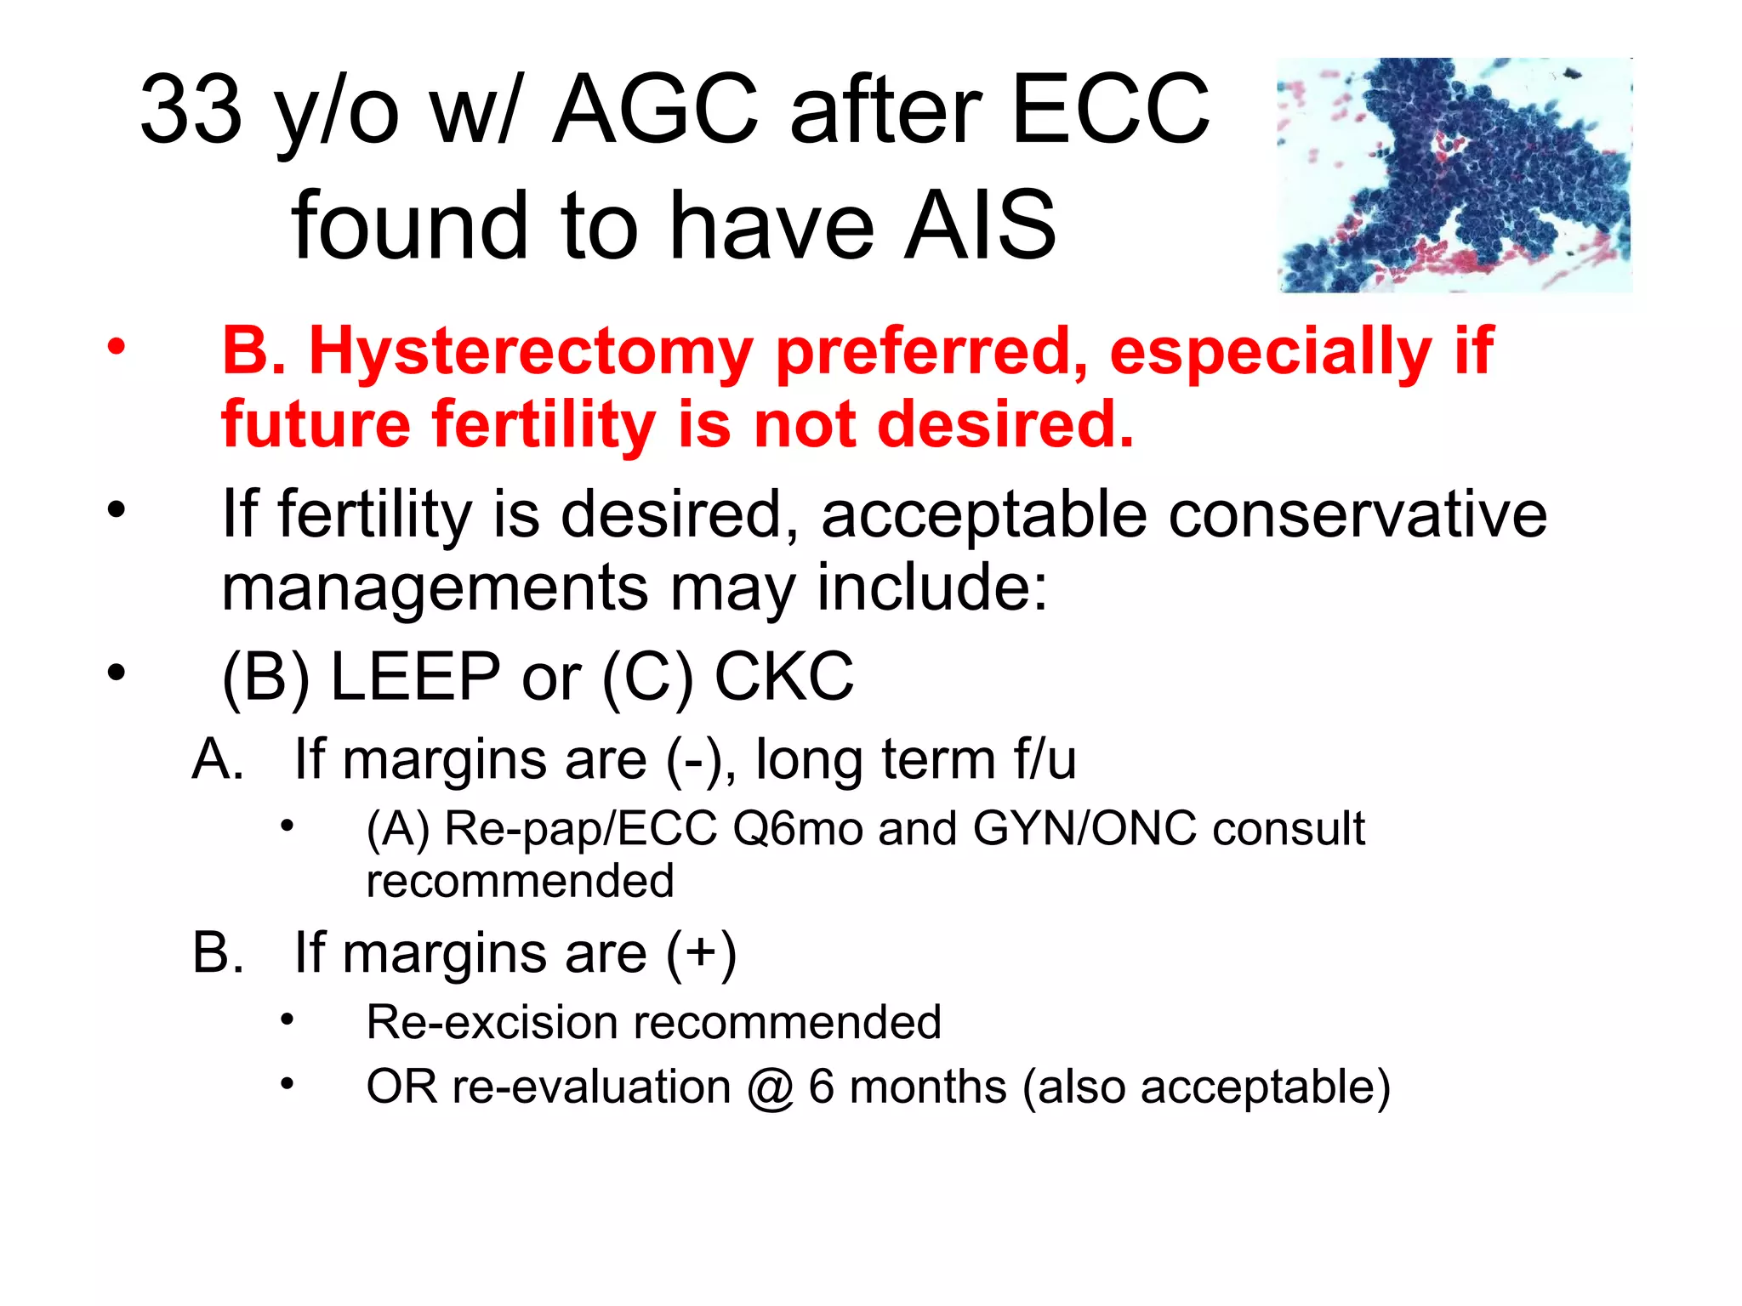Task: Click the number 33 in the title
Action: [191, 109]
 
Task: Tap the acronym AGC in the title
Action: [655, 109]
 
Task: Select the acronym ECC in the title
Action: [1110, 109]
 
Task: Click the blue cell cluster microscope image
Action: [1455, 174]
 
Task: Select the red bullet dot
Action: [117, 347]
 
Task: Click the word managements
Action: [435, 588]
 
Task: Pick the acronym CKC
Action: [783, 677]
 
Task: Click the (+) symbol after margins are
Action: [701, 952]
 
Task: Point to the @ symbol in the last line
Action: [770, 1087]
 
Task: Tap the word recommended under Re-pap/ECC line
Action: [520, 881]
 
